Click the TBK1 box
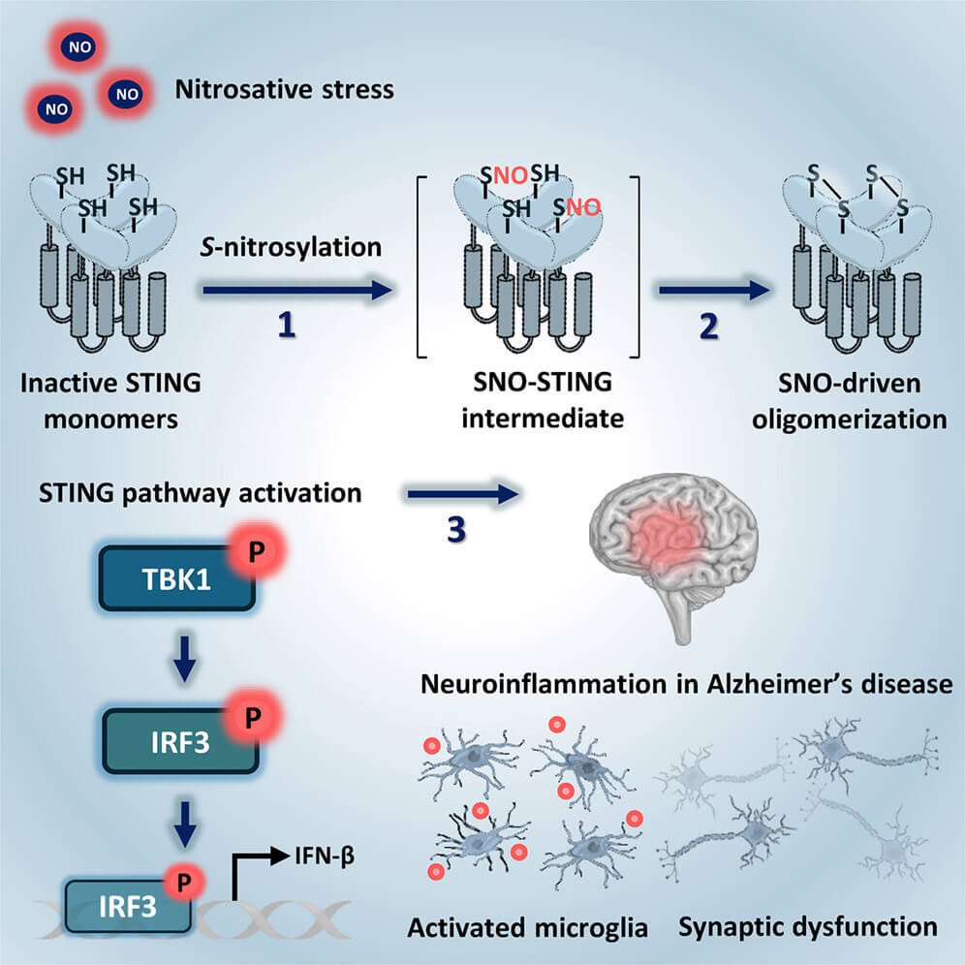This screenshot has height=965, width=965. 177,578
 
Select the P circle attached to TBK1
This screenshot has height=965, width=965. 256,550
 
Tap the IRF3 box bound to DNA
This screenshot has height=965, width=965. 128,906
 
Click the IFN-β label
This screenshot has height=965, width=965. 325,856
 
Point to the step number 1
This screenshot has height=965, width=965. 287,325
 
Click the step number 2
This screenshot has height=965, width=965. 709,326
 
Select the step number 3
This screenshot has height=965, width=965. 456,529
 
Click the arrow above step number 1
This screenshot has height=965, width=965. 297,290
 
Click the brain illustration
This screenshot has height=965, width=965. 673,554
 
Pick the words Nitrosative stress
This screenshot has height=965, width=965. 284,90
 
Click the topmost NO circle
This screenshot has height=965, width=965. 79,47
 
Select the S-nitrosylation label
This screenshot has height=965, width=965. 291,247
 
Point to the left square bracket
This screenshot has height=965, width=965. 421,266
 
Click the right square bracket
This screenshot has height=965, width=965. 635,266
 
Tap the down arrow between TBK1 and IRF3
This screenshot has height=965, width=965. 185,659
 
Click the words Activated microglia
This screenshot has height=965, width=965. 527,928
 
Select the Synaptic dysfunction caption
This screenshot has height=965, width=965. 808,927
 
